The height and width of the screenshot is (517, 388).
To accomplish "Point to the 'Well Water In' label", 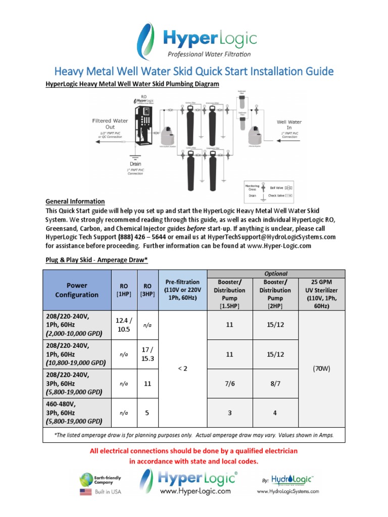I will click(x=288, y=125).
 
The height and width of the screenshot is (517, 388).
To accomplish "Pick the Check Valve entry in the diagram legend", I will click(x=278, y=194).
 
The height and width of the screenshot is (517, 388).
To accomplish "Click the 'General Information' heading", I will click(x=75, y=201).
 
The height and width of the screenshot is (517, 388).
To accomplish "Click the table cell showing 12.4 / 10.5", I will click(x=124, y=325).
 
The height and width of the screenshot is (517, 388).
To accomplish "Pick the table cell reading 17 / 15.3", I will click(x=148, y=354).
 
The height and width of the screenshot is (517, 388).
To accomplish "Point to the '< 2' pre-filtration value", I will click(x=182, y=369).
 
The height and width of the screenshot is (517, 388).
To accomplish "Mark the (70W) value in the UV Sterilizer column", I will click(x=321, y=369).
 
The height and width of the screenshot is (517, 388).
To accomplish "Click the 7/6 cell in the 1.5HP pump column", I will click(x=229, y=384).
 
